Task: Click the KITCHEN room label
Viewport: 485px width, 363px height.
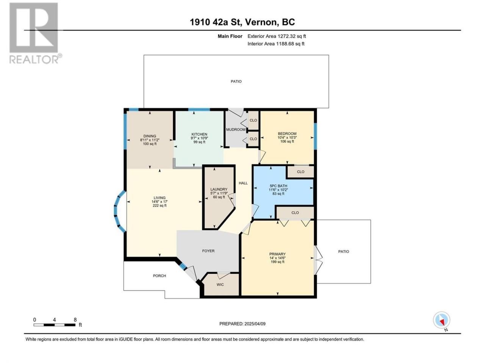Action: pyautogui.click(x=199, y=134)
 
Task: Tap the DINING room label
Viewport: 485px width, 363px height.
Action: pyautogui.click(x=150, y=136)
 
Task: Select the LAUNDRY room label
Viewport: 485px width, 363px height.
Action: pyautogui.click(x=219, y=189)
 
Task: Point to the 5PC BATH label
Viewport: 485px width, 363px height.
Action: pyautogui.click(x=278, y=186)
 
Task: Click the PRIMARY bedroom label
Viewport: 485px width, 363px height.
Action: pyautogui.click(x=277, y=254)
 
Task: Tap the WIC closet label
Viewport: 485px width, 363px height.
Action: pyautogui.click(x=220, y=284)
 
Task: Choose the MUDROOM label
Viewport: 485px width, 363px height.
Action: pyautogui.click(x=236, y=130)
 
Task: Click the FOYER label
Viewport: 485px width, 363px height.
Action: pyautogui.click(x=208, y=251)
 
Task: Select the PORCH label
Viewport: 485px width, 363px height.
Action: pyautogui.click(x=159, y=276)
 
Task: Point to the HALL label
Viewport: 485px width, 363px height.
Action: pyautogui.click(x=243, y=183)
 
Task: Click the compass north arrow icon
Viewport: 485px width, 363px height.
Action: pyautogui.click(x=441, y=320)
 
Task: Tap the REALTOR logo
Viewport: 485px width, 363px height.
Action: pyautogui.click(x=35, y=33)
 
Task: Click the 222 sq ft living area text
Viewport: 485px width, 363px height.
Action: pyautogui.click(x=160, y=206)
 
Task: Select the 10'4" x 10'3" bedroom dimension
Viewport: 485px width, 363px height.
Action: pyautogui.click(x=287, y=137)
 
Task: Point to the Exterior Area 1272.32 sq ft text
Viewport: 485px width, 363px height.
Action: pyautogui.click(x=277, y=36)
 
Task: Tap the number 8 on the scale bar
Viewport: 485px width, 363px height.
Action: pyautogui.click(x=75, y=320)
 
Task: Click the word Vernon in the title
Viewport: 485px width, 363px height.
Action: pyautogui.click(x=261, y=22)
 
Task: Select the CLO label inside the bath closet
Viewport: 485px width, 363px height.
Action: pyautogui.click(x=300, y=172)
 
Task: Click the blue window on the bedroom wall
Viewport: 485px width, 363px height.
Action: pyautogui.click(x=315, y=136)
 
